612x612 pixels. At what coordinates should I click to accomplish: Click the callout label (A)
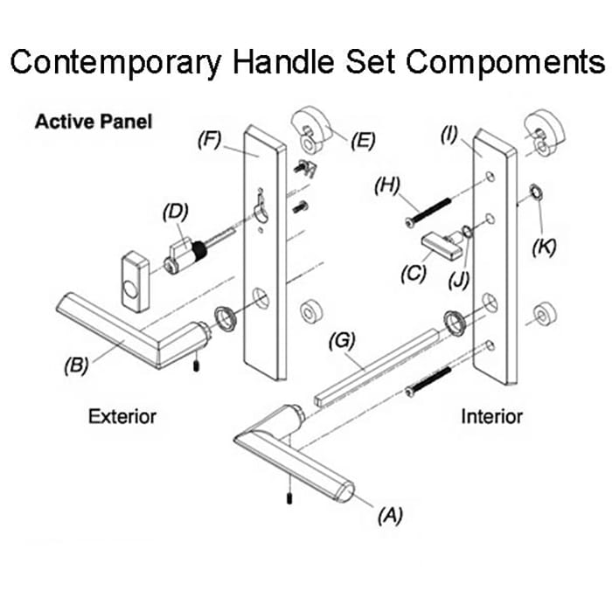point(390,516)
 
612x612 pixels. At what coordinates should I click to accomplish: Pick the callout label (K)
point(545,247)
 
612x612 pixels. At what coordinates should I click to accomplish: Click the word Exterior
point(122,416)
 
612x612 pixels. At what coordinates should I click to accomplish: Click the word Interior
point(492,416)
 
